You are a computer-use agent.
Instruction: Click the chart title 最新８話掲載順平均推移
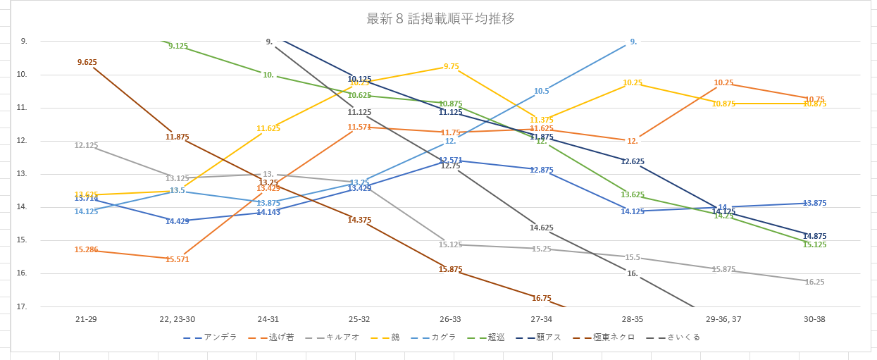click(440, 19)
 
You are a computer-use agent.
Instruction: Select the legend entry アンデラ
click(220, 337)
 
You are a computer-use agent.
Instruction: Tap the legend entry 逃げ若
click(282, 337)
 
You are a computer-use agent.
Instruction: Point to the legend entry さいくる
click(683, 337)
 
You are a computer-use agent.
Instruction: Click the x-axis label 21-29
click(86, 320)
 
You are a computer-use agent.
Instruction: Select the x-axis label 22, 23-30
click(177, 320)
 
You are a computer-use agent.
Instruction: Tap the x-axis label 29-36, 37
click(723, 320)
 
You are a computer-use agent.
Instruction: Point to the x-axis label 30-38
click(814, 320)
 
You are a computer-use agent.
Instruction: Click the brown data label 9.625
click(87, 63)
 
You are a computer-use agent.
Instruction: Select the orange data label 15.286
click(86, 250)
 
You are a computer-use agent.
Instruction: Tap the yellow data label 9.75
click(452, 66)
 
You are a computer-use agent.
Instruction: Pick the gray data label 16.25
click(814, 282)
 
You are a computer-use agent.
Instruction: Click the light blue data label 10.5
click(541, 91)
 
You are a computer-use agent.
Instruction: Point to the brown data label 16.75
click(542, 299)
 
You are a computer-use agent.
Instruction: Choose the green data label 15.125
click(814, 245)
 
